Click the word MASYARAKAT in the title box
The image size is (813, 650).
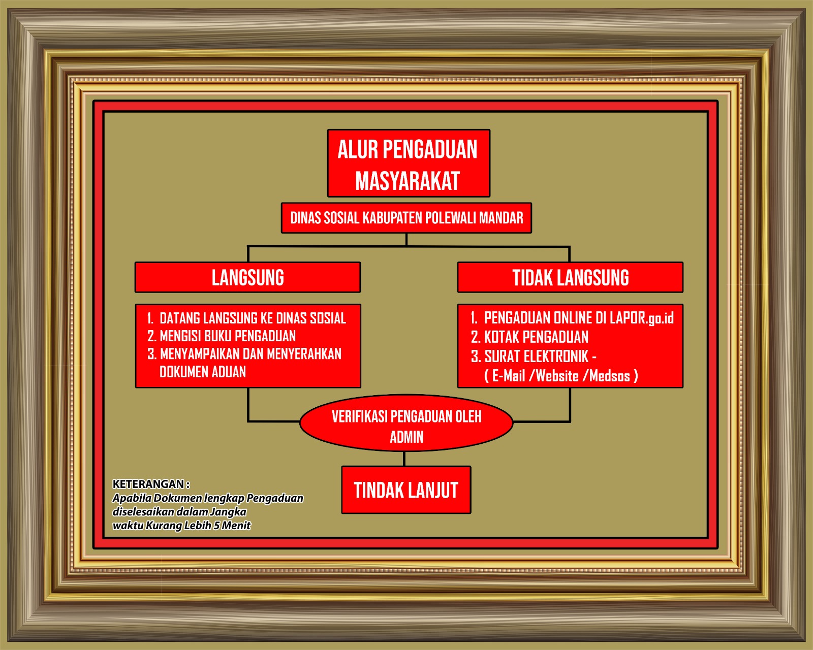(x=407, y=181)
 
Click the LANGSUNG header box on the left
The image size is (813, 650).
(x=248, y=277)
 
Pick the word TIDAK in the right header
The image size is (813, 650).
(x=533, y=278)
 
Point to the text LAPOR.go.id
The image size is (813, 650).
(x=642, y=318)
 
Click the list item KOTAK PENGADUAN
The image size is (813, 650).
(x=536, y=337)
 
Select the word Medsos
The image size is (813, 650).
(x=609, y=376)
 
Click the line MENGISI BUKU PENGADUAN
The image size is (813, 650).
(x=228, y=336)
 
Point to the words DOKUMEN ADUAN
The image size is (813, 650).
(x=203, y=372)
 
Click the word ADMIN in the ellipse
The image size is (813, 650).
(x=407, y=437)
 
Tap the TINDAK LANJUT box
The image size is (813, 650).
(x=406, y=490)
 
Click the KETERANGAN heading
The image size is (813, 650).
(x=151, y=484)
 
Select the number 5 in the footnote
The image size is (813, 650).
(x=216, y=526)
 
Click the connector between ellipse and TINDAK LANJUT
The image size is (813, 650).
(x=404, y=459)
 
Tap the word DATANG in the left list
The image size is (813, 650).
(x=180, y=318)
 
